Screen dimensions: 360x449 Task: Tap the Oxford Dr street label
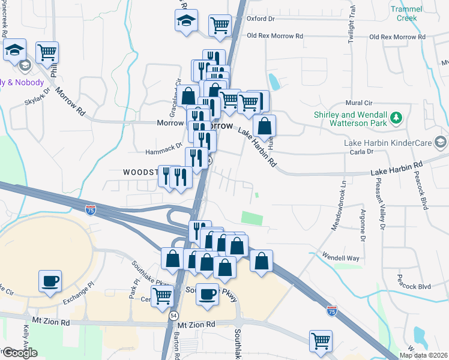(261, 19)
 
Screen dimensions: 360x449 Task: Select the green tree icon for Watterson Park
(396, 116)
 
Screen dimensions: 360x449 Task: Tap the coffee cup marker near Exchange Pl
(50, 280)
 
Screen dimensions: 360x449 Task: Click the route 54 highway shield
(173, 315)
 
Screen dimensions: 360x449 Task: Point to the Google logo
(19, 353)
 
